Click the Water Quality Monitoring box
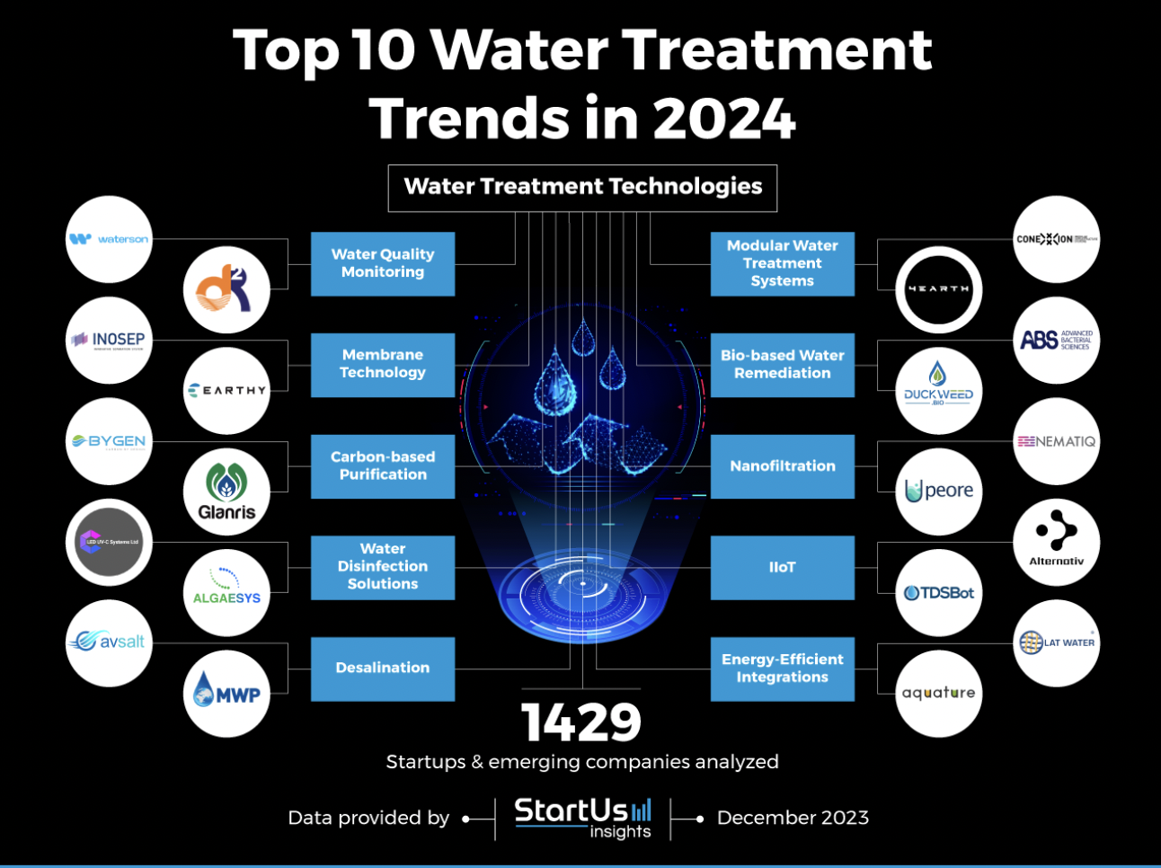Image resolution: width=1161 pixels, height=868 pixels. (383, 263)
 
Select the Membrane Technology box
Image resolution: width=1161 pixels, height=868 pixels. (383, 364)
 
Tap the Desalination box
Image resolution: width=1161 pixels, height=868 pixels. (383, 668)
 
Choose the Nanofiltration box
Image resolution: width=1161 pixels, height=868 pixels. (782, 466)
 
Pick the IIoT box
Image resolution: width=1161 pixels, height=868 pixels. (782, 567)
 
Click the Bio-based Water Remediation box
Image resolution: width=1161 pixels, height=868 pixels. (782, 364)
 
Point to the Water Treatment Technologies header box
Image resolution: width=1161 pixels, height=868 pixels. (582, 187)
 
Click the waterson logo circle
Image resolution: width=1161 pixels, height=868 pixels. (109, 239)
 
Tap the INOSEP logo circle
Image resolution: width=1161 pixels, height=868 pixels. (109, 340)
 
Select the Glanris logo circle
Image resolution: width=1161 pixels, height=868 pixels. (226, 492)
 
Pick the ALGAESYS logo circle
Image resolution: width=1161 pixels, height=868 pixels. (226, 592)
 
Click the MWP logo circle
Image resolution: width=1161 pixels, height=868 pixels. (226, 694)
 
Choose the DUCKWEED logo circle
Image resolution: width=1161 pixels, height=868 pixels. (938, 390)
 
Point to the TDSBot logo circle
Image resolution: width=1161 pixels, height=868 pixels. (938, 592)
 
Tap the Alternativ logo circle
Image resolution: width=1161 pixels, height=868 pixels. (1056, 542)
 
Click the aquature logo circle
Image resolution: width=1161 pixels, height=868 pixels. (938, 693)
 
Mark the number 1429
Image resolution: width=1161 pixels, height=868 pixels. (581, 722)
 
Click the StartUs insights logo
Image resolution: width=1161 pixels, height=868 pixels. (582, 818)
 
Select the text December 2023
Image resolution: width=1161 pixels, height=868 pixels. (793, 818)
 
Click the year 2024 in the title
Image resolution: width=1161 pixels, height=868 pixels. (723, 119)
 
